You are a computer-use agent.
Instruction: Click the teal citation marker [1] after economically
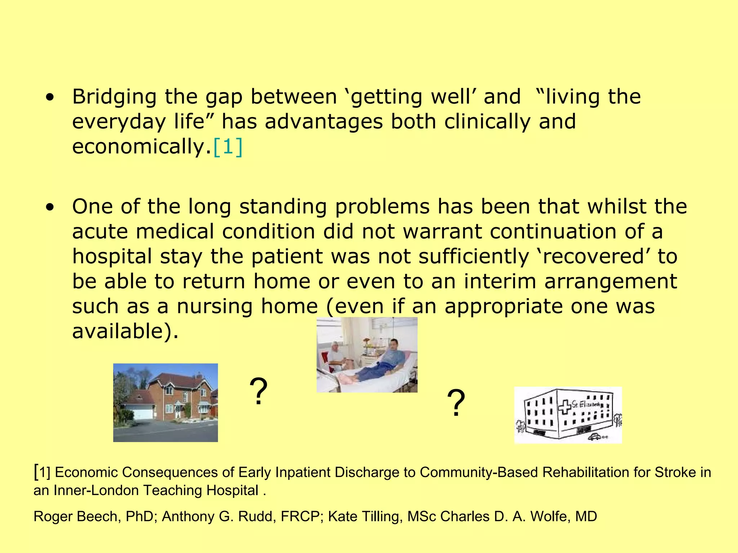228,147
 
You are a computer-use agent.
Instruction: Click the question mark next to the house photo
258,392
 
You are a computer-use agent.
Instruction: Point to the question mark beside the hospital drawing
456,404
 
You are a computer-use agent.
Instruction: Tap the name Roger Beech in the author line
75,516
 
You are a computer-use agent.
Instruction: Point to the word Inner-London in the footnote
97,490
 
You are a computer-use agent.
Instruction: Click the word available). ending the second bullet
125,331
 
